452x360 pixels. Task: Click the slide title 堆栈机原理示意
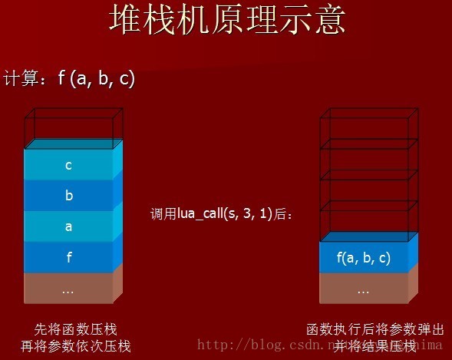(226, 21)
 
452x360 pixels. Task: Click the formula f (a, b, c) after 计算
(97, 78)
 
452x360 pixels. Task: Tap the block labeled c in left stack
(69, 164)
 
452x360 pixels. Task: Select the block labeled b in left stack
(69, 195)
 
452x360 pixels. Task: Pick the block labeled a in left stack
(69, 226)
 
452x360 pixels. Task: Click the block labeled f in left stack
(69, 258)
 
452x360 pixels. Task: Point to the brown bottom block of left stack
(69, 290)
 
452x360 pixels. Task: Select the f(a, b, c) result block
(364, 258)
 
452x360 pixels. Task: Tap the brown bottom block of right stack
(364, 290)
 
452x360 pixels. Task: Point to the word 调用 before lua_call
(163, 214)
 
